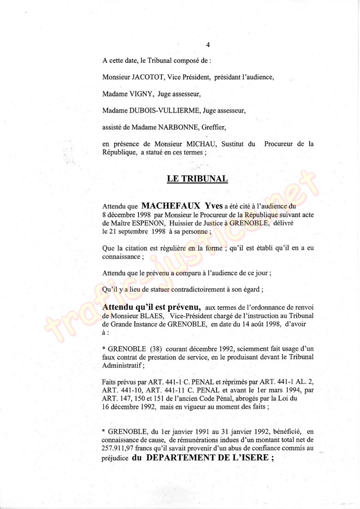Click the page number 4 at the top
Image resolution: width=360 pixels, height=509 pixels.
tap(208, 45)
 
